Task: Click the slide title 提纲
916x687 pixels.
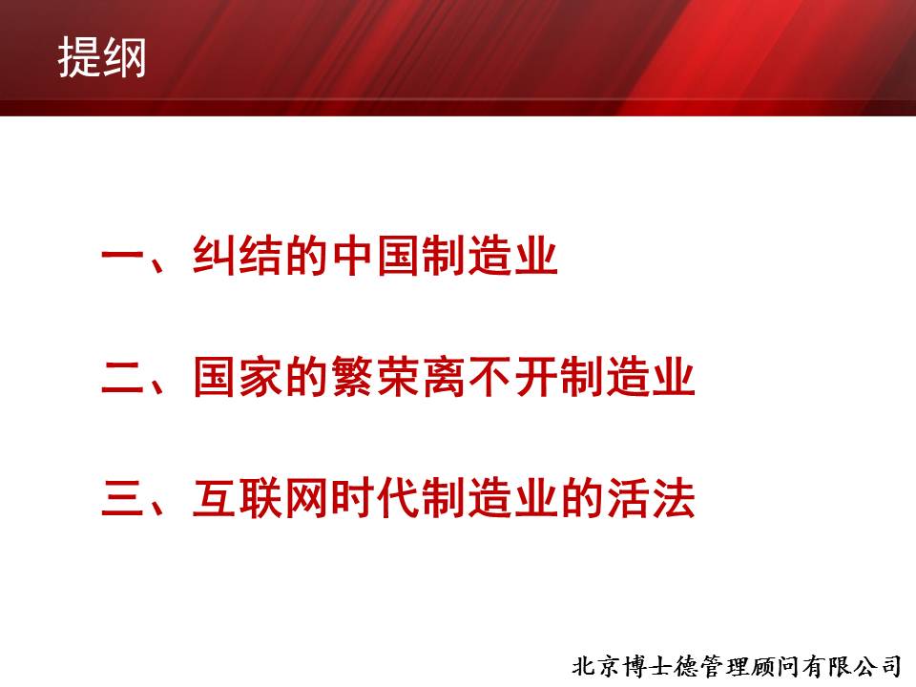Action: pyautogui.click(x=102, y=57)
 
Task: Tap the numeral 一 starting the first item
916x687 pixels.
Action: pyautogui.click(x=123, y=255)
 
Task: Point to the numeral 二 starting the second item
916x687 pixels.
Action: pyautogui.click(x=123, y=377)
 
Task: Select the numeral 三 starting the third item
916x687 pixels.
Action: pyautogui.click(x=123, y=498)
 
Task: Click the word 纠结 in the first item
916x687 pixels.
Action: pyautogui.click(x=239, y=256)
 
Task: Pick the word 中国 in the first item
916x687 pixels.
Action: pyautogui.click(x=376, y=256)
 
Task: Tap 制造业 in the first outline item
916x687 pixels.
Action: pyautogui.click(x=489, y=256)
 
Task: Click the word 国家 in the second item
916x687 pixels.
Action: pyautogui.click(x=239, y=377)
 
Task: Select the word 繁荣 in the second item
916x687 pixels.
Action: pyautogui.click(x=376, y=377)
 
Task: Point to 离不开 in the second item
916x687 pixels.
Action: pyautogui.click(x=489, y=377)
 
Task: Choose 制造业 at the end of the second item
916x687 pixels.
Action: pyautogui.click(x=627, y=377)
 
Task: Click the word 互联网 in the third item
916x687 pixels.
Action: pyautogui.click(x=261, y=498)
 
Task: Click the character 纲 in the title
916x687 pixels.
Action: pyautogui.click(x=124, y=57)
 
